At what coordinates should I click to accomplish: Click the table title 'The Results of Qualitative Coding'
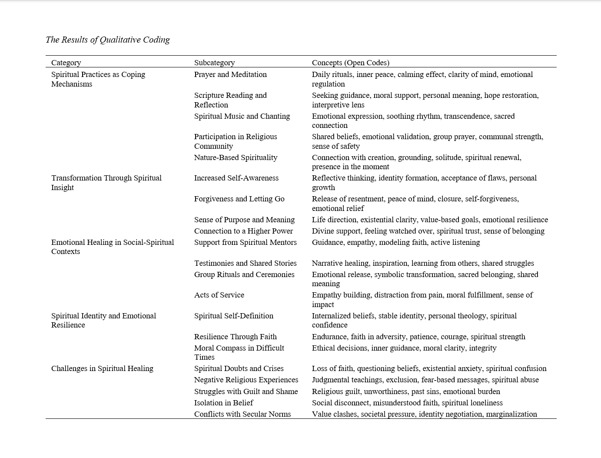tap(107, 40)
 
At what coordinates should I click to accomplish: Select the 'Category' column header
tap(66, 63)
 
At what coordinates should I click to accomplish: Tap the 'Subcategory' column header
tap(214, 63)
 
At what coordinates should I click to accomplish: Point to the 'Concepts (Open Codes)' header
tap(350, 63)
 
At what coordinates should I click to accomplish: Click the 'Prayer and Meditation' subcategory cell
tap(230, 74)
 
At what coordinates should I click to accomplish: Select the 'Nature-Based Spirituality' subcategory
tap(236, 157)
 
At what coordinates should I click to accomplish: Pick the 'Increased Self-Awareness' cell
tap(236, 178)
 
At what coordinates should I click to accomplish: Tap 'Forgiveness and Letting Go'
tap(239, 199)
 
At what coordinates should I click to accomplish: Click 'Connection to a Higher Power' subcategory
tap(243, 231)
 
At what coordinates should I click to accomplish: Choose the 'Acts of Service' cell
tap(219, 295)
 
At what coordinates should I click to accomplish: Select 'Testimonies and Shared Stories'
tap(245, 263)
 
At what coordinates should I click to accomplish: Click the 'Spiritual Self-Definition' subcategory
tap(234, 316)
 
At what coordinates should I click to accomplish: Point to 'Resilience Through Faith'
tap(235, 337)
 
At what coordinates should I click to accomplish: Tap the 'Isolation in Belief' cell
tap(223, 403)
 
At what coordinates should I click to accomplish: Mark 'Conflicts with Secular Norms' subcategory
tap(242, 414)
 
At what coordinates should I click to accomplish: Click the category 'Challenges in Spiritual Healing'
tap(102, 368)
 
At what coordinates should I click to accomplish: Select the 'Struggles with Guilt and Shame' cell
tap(246, 391)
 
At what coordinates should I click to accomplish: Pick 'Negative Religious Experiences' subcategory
tap(246, 380)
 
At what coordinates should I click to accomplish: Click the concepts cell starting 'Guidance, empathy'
tap(395, 242)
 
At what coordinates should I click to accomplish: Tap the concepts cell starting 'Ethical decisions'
tap(404, 348)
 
